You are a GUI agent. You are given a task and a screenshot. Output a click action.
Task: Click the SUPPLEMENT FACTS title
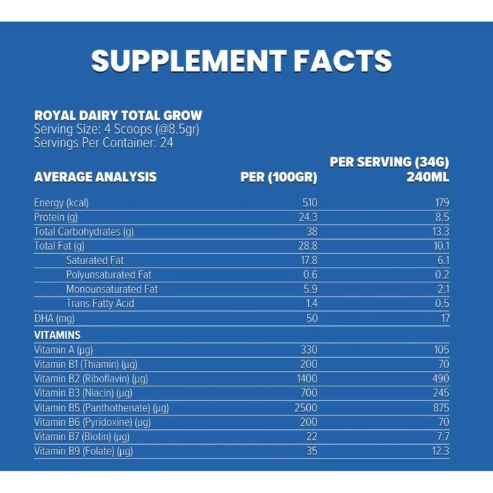click(241, 60)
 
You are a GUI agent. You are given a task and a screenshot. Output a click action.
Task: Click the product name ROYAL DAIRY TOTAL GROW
click(117, 115)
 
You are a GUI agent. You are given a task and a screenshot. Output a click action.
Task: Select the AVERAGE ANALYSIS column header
click(95, 177)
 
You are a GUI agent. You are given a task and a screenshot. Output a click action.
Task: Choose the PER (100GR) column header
click(279, 177)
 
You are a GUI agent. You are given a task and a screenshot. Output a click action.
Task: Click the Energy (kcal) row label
click(61, 202)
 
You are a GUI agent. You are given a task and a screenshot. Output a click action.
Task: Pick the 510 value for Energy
click(309, 202)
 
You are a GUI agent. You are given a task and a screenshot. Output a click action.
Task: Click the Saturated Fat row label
click(95, 260)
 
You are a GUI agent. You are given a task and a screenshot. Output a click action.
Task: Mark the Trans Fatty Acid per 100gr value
click(311, 303)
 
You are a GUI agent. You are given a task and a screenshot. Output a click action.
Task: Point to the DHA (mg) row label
click(54, 318)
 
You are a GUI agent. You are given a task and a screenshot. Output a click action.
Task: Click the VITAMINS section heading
click(57, 335)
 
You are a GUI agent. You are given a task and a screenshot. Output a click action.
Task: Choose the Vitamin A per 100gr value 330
click(309, 350)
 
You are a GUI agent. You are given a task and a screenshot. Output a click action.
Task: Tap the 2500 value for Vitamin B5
click(306, 407)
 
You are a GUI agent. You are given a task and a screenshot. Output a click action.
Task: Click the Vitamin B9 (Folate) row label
click(83, 451)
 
